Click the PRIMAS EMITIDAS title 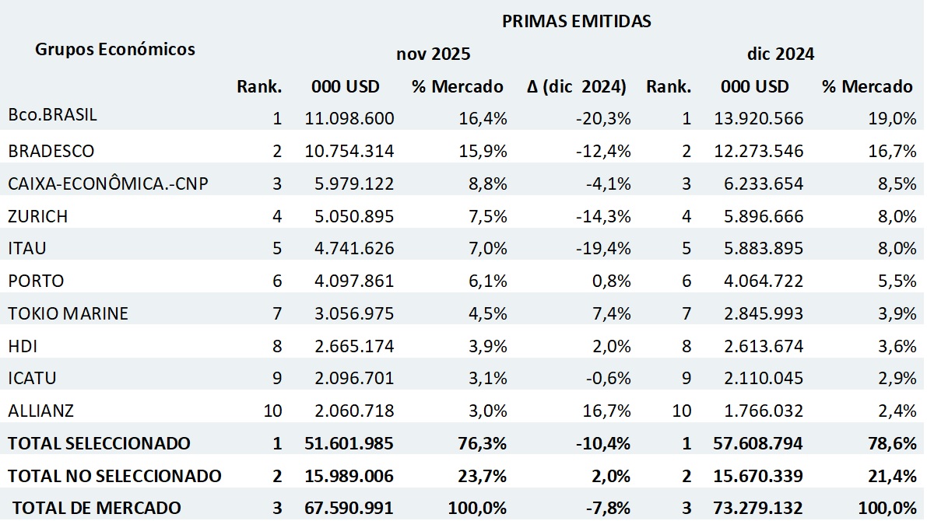point(576,22)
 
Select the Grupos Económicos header point(115,50)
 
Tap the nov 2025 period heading point(434,54)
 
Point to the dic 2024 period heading point(780,54)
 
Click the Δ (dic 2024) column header point(576,87)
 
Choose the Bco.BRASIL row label point(53,116)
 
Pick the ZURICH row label point(38,215)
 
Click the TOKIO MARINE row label point(68,313)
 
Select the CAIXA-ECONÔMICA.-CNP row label point(109,183)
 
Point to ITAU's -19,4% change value point(604,248)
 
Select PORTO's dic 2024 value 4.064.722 point(759,281)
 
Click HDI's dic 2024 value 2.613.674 point(759,345)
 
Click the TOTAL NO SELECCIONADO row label point(114,476)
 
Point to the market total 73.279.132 point(759,509)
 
